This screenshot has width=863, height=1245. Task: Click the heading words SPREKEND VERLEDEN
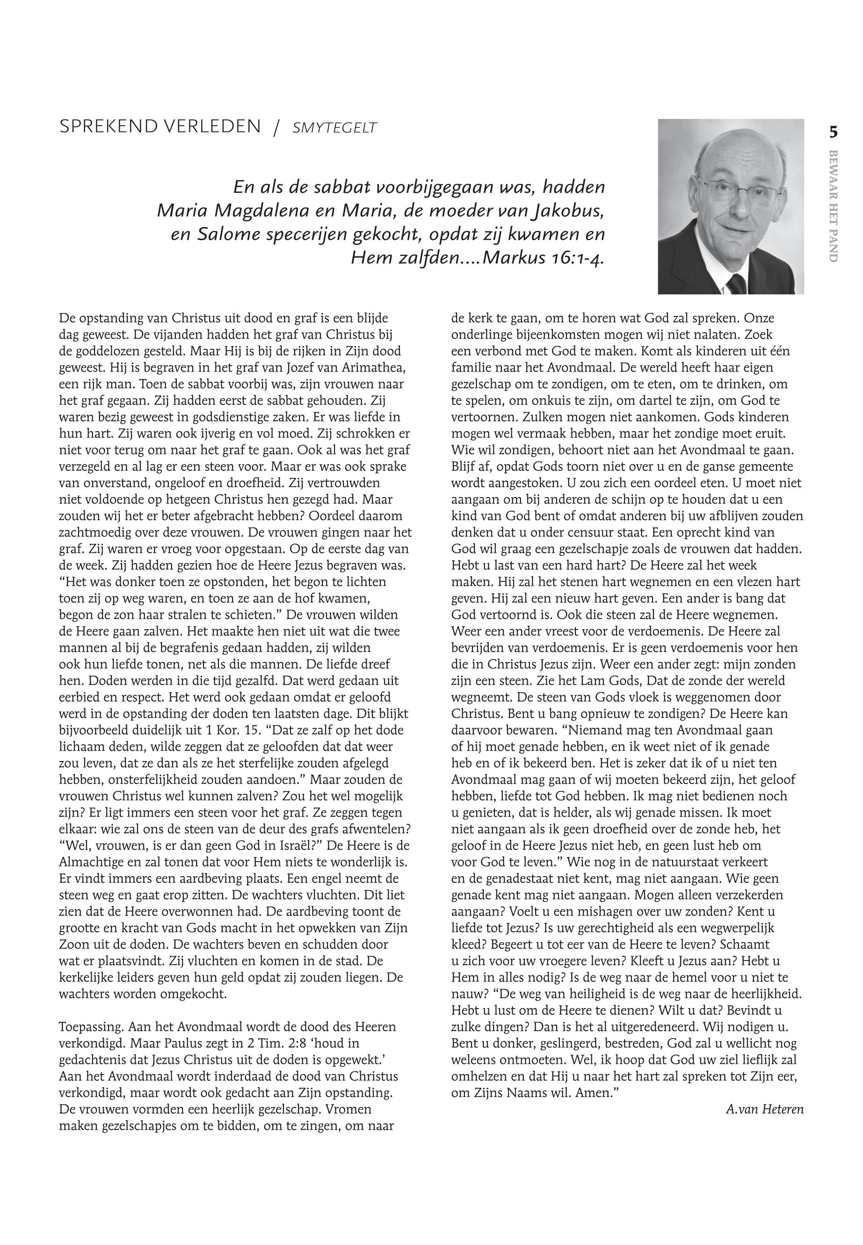pos(160,127)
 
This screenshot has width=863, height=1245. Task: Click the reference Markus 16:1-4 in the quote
pos(542,258)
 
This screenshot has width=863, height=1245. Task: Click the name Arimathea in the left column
pos(374,368)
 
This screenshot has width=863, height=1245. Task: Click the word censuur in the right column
pos(602,533)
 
